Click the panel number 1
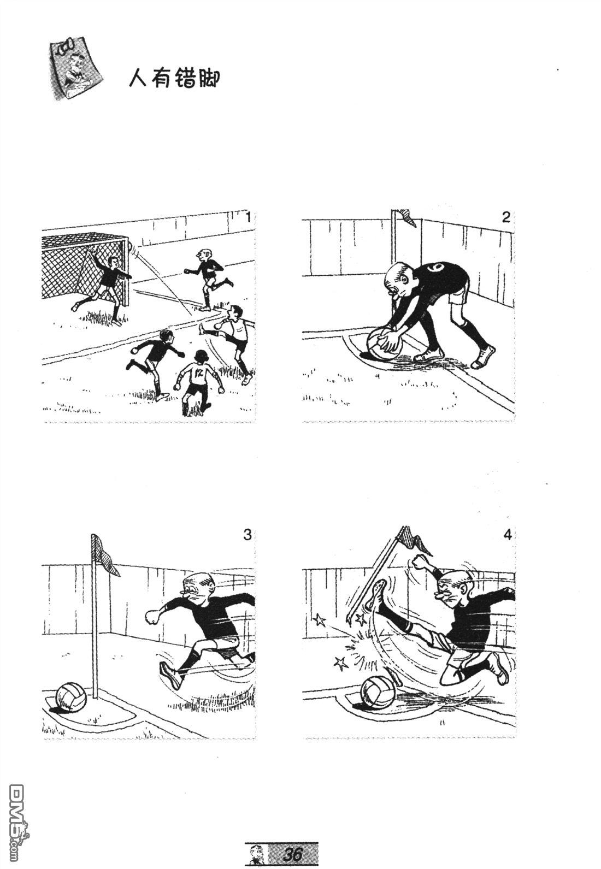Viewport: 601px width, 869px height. coord(248,216)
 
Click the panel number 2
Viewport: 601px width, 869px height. coord(506,217)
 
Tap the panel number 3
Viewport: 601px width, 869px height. coord(247,535)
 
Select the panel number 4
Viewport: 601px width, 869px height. coord(507,535)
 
